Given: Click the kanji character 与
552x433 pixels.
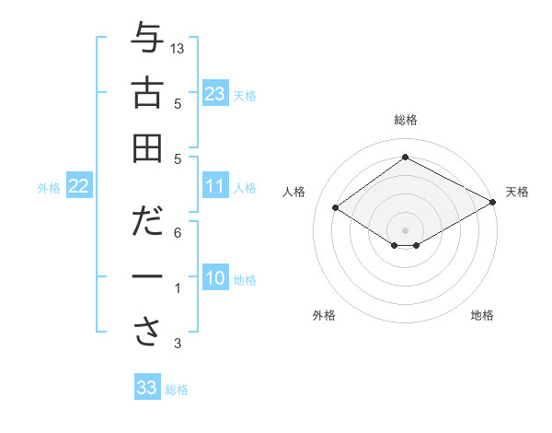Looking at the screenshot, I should click(147, 41).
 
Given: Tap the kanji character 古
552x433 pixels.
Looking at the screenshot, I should click(147, 94).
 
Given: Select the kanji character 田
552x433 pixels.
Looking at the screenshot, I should click(147, 148).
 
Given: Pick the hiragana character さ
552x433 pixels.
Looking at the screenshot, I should click(147, 330).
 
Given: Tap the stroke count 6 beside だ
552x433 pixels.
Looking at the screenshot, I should click(178, 234).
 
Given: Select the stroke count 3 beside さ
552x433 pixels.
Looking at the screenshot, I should click(178, 345).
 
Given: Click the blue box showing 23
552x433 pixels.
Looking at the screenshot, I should click(215, 93).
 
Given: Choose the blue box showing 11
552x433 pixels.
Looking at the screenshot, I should click(215, 187).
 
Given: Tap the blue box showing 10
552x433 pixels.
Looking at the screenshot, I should click(215, 279).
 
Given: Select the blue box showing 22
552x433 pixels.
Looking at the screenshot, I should click(79, 187).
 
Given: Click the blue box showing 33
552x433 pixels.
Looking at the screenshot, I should click(147, 388).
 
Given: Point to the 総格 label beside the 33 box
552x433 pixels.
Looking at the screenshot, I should click(177, 390).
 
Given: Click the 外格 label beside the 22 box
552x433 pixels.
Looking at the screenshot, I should click(49, 188).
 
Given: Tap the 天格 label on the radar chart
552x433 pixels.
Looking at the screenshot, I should click(517, 192).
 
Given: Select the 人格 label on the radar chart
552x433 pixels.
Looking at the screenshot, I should click(294, 192).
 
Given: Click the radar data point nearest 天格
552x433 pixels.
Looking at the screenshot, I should click(492, 202).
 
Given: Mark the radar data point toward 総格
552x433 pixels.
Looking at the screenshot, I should click(405, 158).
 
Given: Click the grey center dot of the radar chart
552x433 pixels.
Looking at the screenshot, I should click(405, 229).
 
